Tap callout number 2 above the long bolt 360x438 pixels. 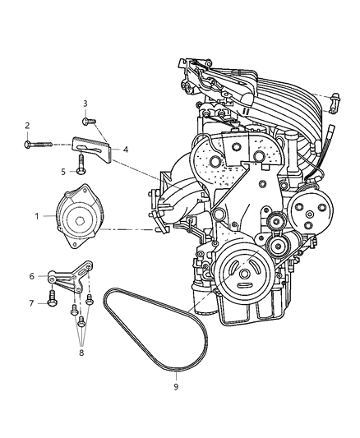coord(27,125)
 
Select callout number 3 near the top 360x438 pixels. coord(85,103)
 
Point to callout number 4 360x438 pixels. coord(126,150)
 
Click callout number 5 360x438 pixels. coord(62,171)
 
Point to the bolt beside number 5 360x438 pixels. coord(81,169)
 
